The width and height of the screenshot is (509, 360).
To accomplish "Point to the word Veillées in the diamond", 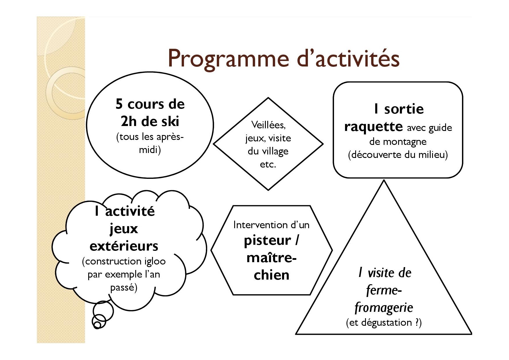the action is coord(268,125).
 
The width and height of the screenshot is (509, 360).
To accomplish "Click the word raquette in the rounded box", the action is coord(373,127).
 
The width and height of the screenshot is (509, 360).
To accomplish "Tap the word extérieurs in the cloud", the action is coord(124,246).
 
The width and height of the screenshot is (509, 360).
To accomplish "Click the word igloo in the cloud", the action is coord(155,262).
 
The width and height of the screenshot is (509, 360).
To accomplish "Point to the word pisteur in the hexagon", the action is coord(267,241).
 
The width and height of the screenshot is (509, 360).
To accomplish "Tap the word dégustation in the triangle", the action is coord(387,323).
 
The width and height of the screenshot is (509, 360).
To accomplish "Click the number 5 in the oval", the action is coord(119,104).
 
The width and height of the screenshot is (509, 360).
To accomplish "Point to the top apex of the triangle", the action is coord(384,180).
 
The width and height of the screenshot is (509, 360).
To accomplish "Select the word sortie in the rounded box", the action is coord(404,109).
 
